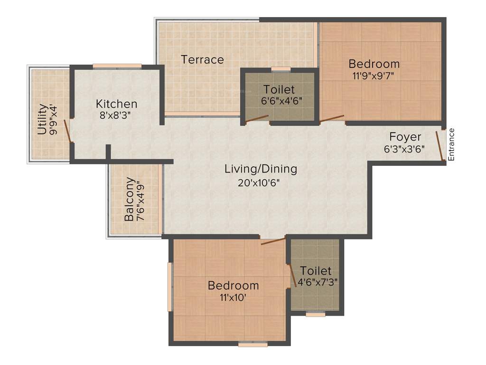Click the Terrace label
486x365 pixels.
coord(202,60)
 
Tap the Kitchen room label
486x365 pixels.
coord(116,104)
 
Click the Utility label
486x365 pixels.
coord(42,119)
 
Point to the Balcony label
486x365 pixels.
coord(129,200)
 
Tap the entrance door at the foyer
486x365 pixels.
coord(440,145)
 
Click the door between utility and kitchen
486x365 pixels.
coord(68,130)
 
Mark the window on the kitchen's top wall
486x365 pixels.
coord(117,66)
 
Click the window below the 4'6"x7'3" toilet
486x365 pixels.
coord(315,314)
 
